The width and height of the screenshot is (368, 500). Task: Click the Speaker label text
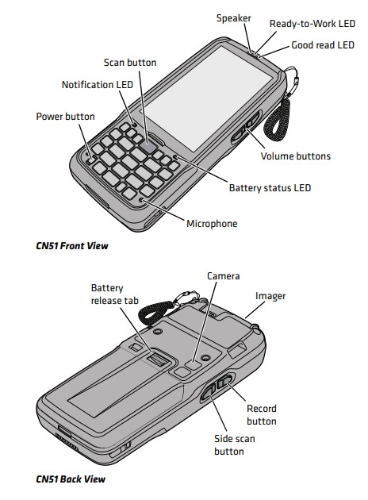[233, 18]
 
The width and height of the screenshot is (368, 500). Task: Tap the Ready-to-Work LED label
[312, 24]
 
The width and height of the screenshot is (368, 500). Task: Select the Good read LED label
[323, 45]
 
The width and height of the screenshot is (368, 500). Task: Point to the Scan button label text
[130, 63]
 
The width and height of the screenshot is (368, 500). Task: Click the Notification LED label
[98, 85]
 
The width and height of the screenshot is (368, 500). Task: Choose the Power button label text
[65, 117]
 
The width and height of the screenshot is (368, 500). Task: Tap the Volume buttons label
[296, 156]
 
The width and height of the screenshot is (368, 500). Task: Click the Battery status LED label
[270, 188]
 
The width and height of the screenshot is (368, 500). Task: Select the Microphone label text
[212, 224]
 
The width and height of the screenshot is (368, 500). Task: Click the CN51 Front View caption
[72, 246]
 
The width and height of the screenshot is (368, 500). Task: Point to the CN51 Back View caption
[71, 479]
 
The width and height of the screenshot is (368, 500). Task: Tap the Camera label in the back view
[224, 276]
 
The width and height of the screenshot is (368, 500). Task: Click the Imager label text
[270, 296]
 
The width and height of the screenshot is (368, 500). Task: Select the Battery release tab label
[115, 294]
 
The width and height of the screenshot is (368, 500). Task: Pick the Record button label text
[262, 415]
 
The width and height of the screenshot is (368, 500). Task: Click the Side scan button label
[235, 445]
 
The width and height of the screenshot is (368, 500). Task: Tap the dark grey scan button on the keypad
[148, 148]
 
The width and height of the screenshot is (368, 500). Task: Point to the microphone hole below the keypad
[142, 200]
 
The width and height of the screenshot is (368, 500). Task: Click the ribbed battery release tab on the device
[158, 360]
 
